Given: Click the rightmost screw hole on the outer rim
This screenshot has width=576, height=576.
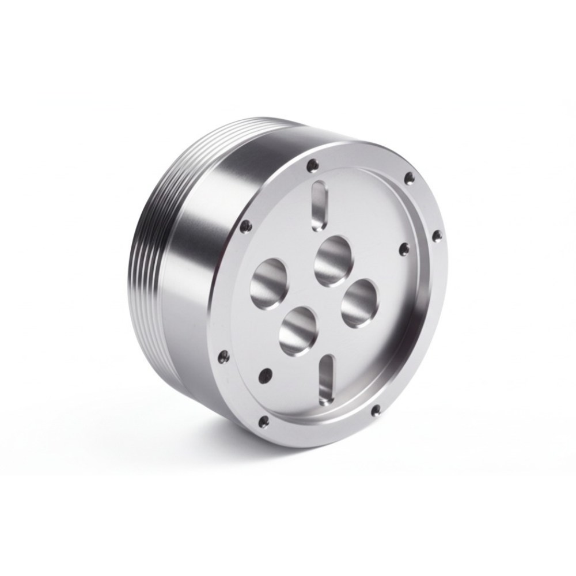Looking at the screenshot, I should coord(436,234).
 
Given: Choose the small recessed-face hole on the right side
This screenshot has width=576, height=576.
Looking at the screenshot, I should coord(404,248).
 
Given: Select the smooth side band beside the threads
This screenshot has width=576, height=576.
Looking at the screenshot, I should coord(196,230).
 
